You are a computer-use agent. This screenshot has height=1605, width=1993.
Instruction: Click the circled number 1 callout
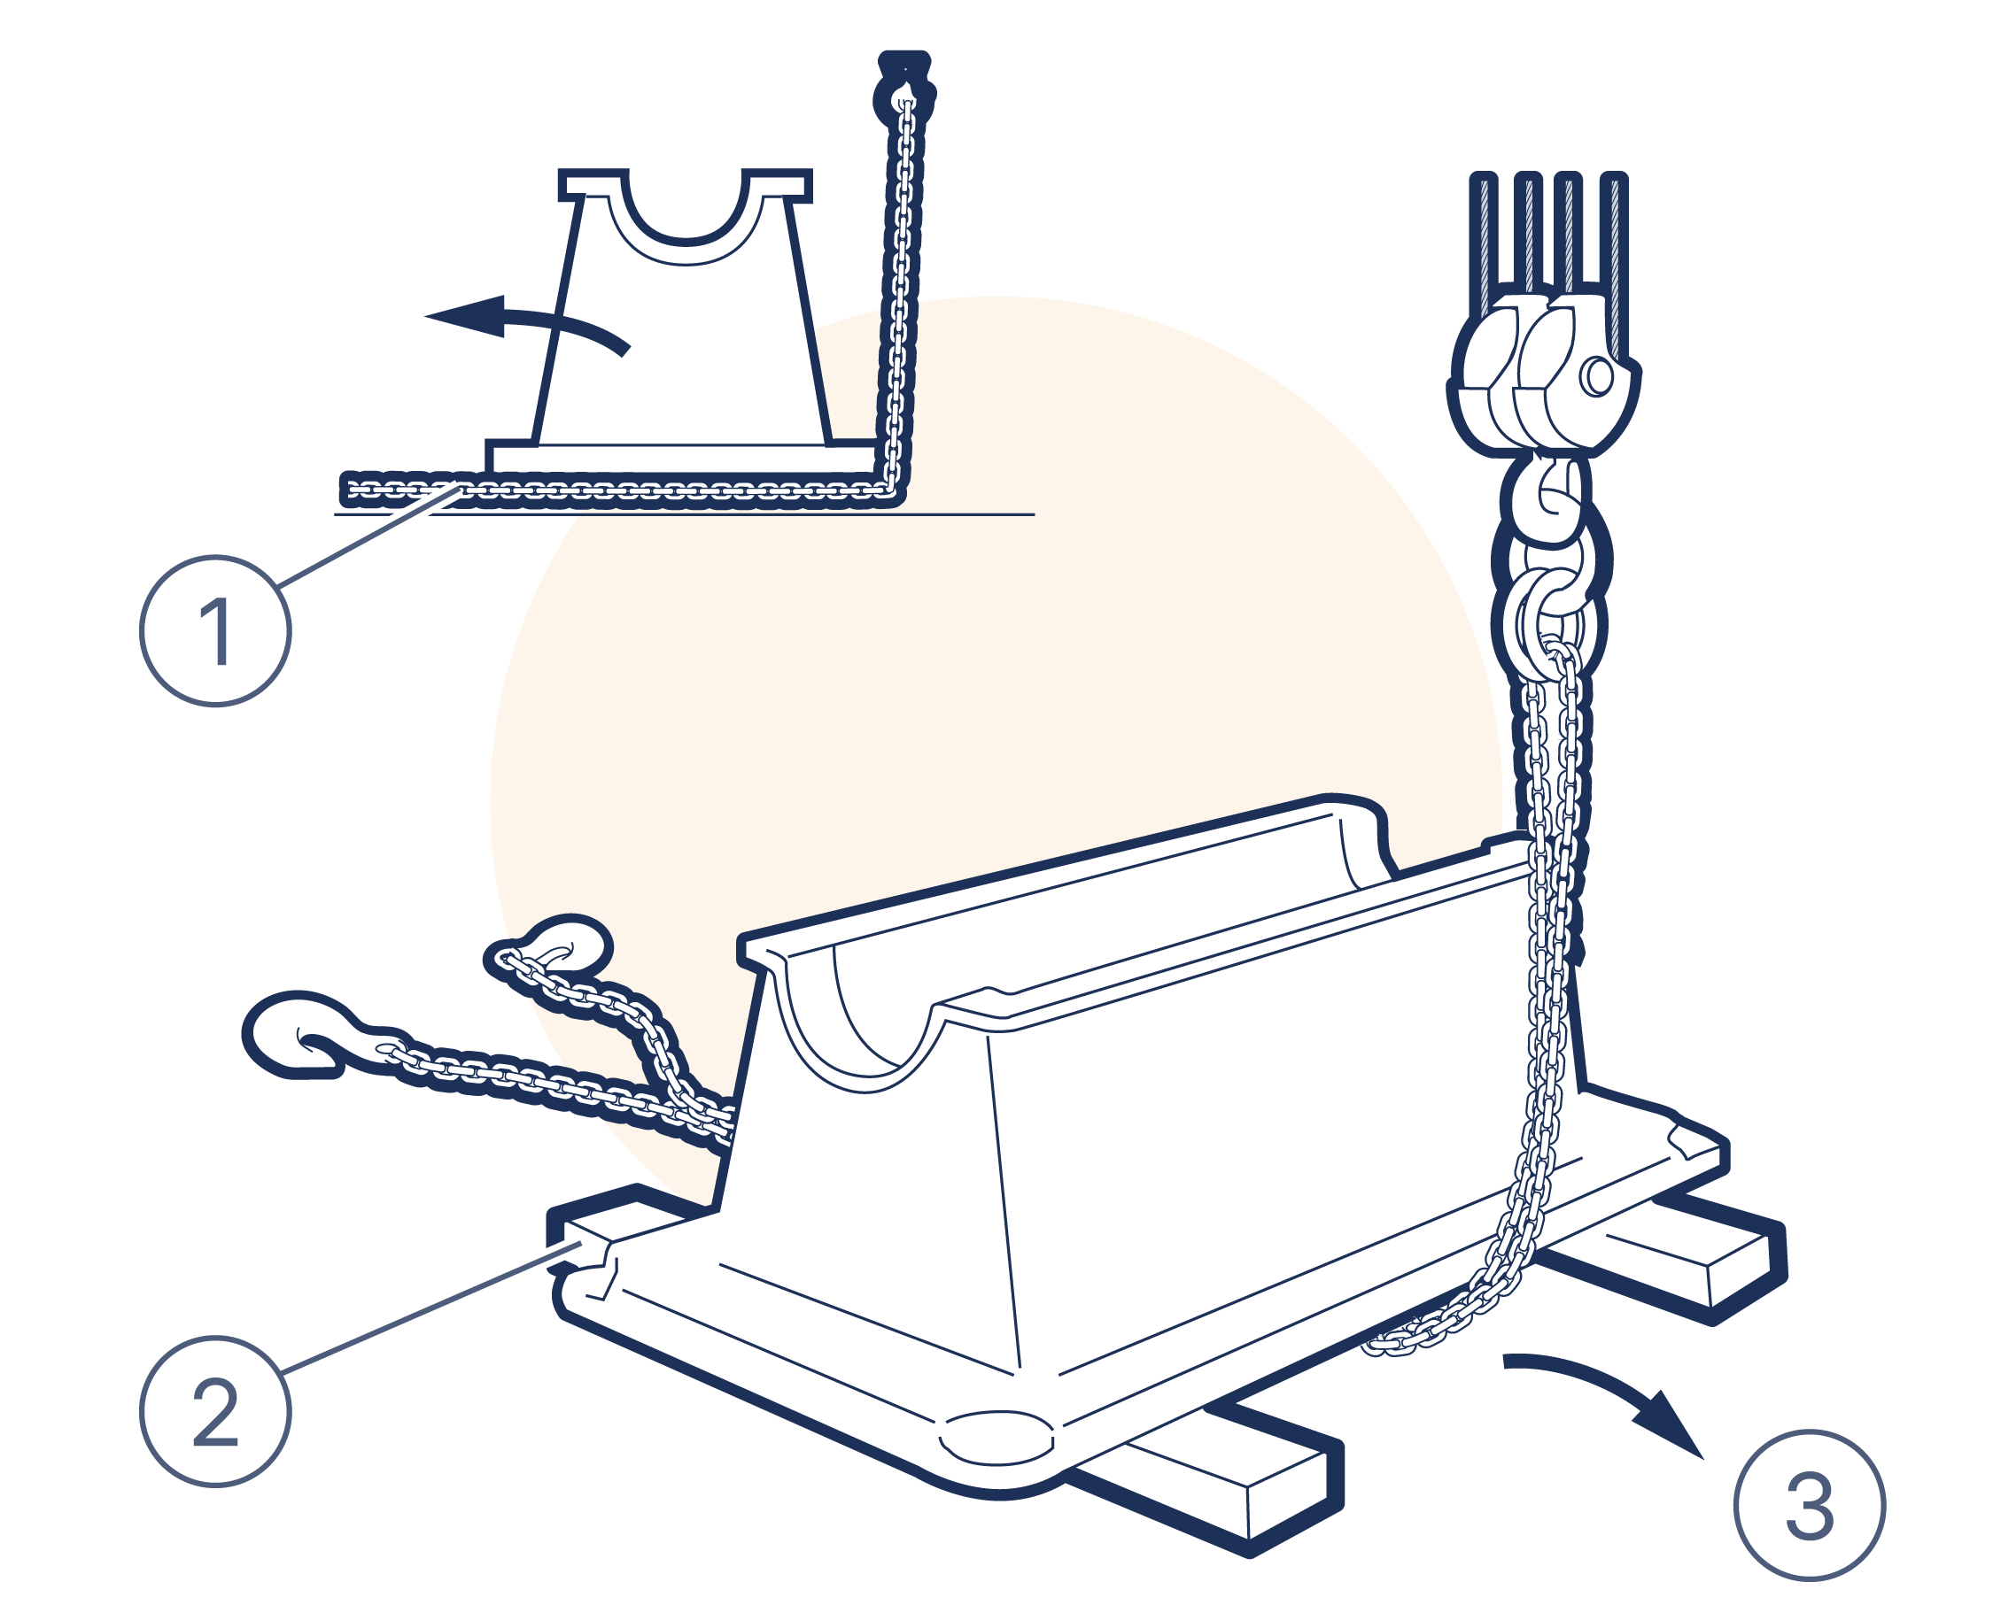click(215, 630)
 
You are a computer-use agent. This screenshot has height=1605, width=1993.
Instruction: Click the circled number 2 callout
click(215, 1412)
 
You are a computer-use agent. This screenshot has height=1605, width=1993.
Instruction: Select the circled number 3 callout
click(1809, 1505)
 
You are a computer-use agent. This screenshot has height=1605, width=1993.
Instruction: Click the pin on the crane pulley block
click(1597, 376)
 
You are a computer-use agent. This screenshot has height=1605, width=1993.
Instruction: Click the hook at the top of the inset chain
click(903, 88)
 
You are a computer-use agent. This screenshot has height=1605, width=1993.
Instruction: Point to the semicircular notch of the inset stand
click(686, 231)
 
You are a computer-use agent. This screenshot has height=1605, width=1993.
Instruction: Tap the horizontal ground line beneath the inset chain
click(685, 514)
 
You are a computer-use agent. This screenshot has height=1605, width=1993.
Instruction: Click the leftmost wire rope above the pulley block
click(1484, 241)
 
